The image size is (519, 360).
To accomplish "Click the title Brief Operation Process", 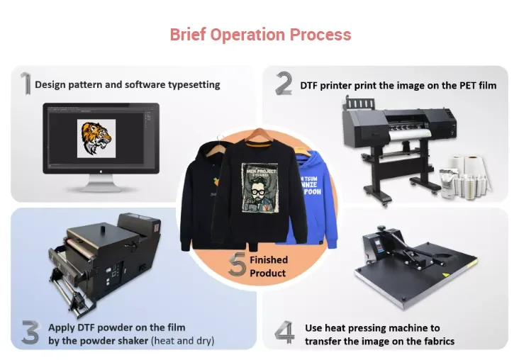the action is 260,34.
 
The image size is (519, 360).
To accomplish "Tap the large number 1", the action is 24,84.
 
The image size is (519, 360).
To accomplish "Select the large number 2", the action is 284,84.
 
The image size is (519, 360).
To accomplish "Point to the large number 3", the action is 29,332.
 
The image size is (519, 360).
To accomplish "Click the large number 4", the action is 284,333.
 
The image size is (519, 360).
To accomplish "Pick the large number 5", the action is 238,265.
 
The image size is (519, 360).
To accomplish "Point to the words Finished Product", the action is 268,266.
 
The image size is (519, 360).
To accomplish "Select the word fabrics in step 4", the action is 438,341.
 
